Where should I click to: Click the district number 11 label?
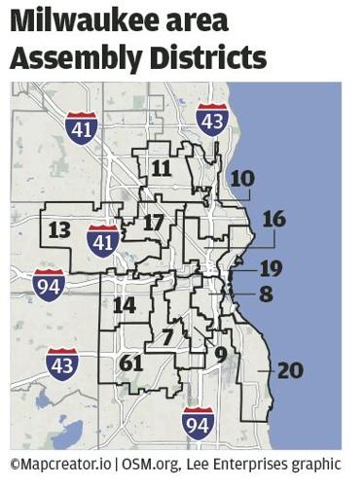(x=162, y=168)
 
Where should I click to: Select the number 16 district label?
(x=273, y=219)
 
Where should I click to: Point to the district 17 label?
(x=153, y=223)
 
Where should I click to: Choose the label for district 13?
(x=59, y=229)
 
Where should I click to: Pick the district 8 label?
(x=266, y=293)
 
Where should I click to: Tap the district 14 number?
(x=124, y=304)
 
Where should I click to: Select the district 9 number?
(x=221, y=355)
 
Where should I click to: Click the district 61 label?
(x=131, y=364)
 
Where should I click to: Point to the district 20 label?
(x=289, y=370)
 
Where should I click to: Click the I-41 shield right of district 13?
(x=103, y=239)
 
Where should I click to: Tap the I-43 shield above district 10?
(x=212, y=119)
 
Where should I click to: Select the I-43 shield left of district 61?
(x=61, y=362)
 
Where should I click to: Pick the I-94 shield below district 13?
(x=49, y=285)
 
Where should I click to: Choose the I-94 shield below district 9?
(x=199, y=421)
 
